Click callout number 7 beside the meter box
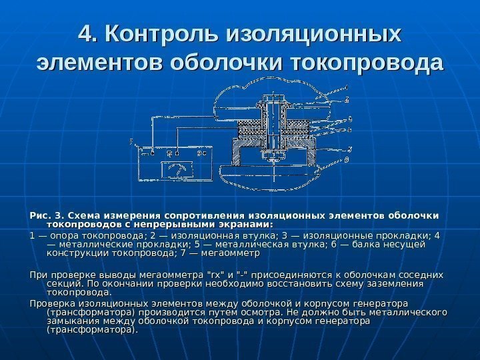(x=132, y=141)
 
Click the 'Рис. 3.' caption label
(x=47, y=215)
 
